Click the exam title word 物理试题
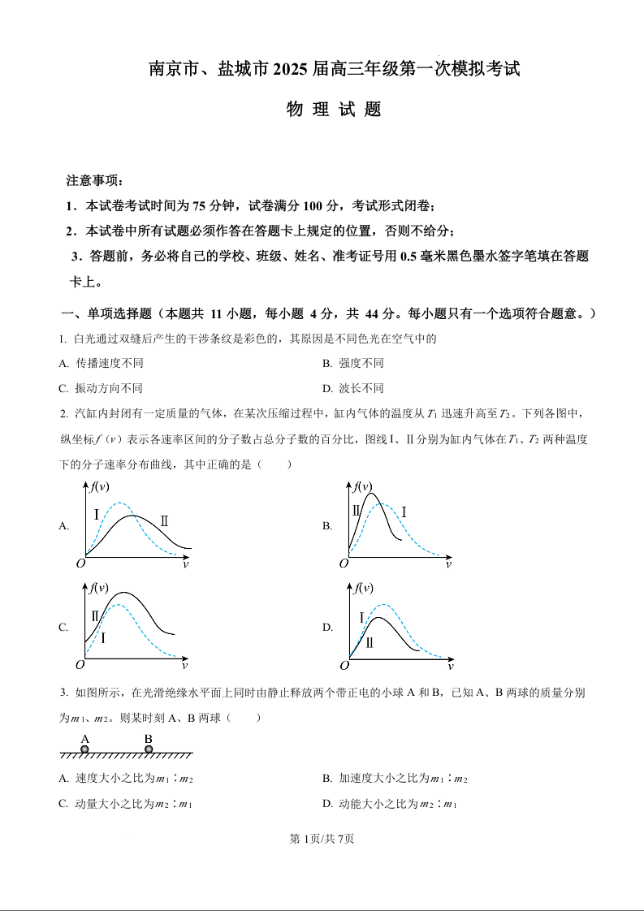(x=334, y=110)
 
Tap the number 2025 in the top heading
(x=287, y=71)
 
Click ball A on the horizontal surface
(x=84, y=749)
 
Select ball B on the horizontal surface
(x=149, y=749)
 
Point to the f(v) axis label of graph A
(x=100, y=486)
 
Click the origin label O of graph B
(x=344, y=563)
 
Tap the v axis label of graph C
(x=184, y=666)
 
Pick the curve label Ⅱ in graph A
(x=165, y=520)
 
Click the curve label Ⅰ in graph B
(x=404, y=512)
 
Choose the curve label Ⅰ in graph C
(x=103, y=638)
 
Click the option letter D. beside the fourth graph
(x=327, y=627)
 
